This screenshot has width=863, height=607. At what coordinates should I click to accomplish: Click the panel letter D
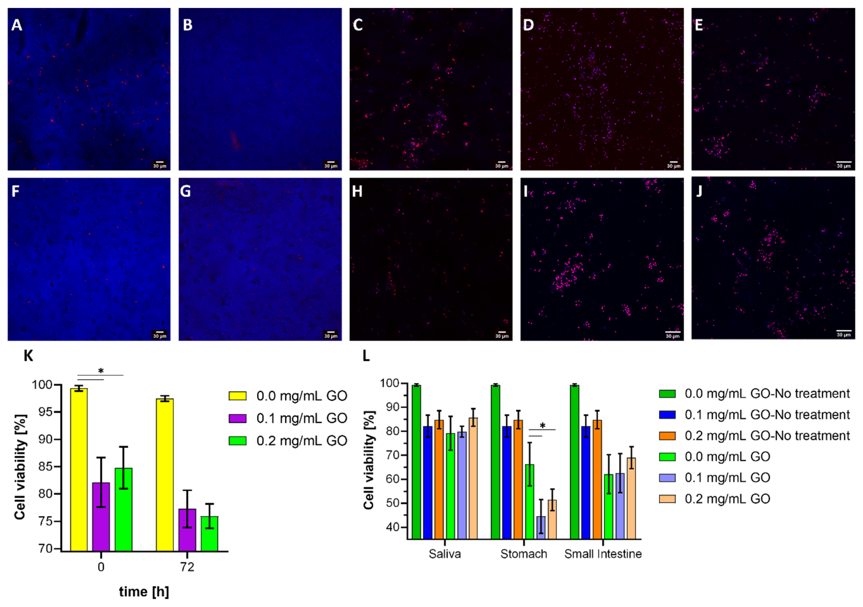click(528, 25)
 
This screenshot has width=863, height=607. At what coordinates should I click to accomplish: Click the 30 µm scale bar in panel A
click(160, 164)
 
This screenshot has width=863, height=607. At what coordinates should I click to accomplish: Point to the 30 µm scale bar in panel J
click(844, 333)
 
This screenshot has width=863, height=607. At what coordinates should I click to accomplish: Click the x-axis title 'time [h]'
click(144, 592)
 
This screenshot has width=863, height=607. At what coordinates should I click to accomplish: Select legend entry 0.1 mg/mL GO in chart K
click(301, 418)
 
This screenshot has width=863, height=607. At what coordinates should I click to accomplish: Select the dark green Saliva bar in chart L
click(416, 462)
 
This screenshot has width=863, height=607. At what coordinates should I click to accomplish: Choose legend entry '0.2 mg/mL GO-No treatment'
click(767, 436)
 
